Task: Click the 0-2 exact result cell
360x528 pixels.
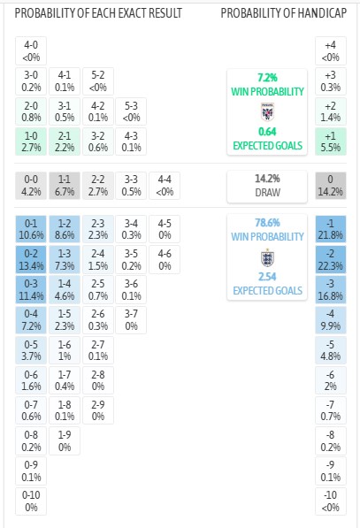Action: click(x=31, y=259)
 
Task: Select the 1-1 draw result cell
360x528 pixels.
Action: click(x=65, y=186)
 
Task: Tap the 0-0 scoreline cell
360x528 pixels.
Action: click(x=31, y=186)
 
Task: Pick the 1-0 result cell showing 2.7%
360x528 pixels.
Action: click(x=31, y=142)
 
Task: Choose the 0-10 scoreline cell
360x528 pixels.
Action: click(x=31, y=501)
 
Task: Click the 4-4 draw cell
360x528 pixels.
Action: click(x=165, y=186)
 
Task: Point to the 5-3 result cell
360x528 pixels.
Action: click(x=131, y=111)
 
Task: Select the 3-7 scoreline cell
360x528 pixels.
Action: click(x=131, y=319)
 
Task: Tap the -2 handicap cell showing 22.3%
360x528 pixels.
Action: click(x=331, y=259)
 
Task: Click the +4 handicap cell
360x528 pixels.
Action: click(x=331, y=50)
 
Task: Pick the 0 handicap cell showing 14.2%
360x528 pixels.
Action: click(x=331, y=186)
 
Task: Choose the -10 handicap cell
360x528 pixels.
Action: click(x=331, y=501)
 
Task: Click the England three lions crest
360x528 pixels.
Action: click(x=267, y=258)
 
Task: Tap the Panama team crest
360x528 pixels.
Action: click(x=267, y=111)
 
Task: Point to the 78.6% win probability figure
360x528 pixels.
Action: click(x=267, y=223)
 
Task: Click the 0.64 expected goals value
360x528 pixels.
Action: click(x=267, y=131)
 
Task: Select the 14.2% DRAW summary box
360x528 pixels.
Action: click(x=267, y=187)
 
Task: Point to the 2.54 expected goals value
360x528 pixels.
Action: click(x=267, y=277)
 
